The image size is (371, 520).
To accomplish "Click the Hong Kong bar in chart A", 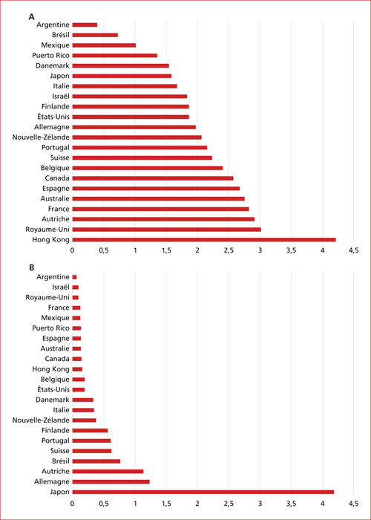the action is point(204,240).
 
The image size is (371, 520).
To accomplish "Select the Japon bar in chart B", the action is point(203,492).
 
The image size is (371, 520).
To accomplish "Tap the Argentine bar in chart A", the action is point(85,25).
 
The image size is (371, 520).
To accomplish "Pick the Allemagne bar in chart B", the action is point(111,481).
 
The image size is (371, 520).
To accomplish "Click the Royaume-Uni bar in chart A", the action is point(167,230).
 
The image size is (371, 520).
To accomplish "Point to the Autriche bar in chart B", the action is point(108,471).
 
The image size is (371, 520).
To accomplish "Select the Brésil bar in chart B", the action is point(96,461).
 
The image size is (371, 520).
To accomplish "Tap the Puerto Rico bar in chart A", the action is point(114,56).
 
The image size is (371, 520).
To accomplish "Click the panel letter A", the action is point(32,16).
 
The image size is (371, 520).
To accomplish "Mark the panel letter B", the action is point(32,267).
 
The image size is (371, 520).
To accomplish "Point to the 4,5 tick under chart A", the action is point(353,251).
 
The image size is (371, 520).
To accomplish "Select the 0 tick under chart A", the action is point(72,251).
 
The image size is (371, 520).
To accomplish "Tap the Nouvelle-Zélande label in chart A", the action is point(41,137).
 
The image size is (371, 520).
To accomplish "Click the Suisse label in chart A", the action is point(60,157).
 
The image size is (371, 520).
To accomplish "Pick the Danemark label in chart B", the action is point(53,400).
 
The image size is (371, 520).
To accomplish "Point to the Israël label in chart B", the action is point(62,287).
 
